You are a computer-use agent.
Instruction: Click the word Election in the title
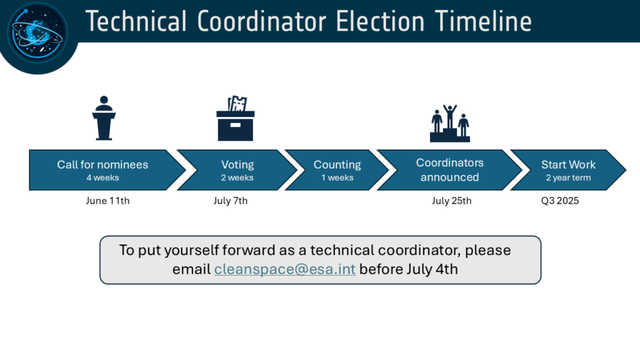380,21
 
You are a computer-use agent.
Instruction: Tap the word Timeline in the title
483,21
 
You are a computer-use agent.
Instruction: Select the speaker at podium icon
104,118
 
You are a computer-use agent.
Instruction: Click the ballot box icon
236,118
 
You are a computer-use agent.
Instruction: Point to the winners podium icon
450,123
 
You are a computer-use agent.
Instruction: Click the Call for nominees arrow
107,170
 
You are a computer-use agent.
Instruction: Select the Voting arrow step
237,170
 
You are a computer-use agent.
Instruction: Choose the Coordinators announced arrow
449,170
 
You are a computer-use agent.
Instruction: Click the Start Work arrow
568,170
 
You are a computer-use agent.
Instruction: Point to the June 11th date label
107,201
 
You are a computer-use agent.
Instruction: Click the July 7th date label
230,201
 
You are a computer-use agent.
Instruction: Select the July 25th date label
451,201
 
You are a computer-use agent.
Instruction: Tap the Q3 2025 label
560,201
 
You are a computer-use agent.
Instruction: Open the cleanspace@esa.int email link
285,269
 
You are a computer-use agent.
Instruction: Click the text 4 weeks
103,177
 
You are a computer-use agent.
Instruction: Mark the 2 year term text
569,177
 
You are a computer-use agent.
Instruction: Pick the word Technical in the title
136,21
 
